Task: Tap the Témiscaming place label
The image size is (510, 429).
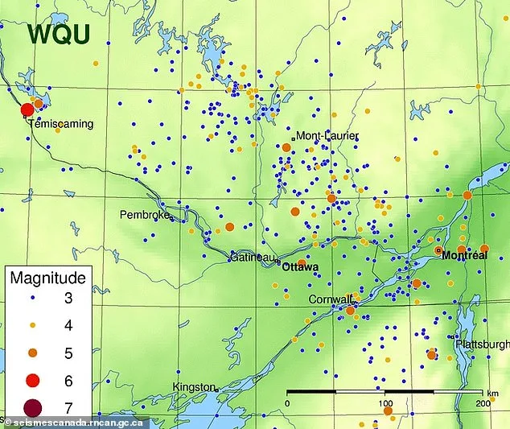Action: [x=60, y=124]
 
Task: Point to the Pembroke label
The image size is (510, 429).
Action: [x=145, y=215]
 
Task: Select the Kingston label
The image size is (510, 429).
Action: [x=195, y=387]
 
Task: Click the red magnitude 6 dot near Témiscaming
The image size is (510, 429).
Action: [x=27, y=109]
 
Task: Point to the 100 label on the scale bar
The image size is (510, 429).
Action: [x=385, y=403]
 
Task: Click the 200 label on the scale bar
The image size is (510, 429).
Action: [x=483, y=403]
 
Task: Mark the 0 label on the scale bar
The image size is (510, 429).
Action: [x=288, y=403]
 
